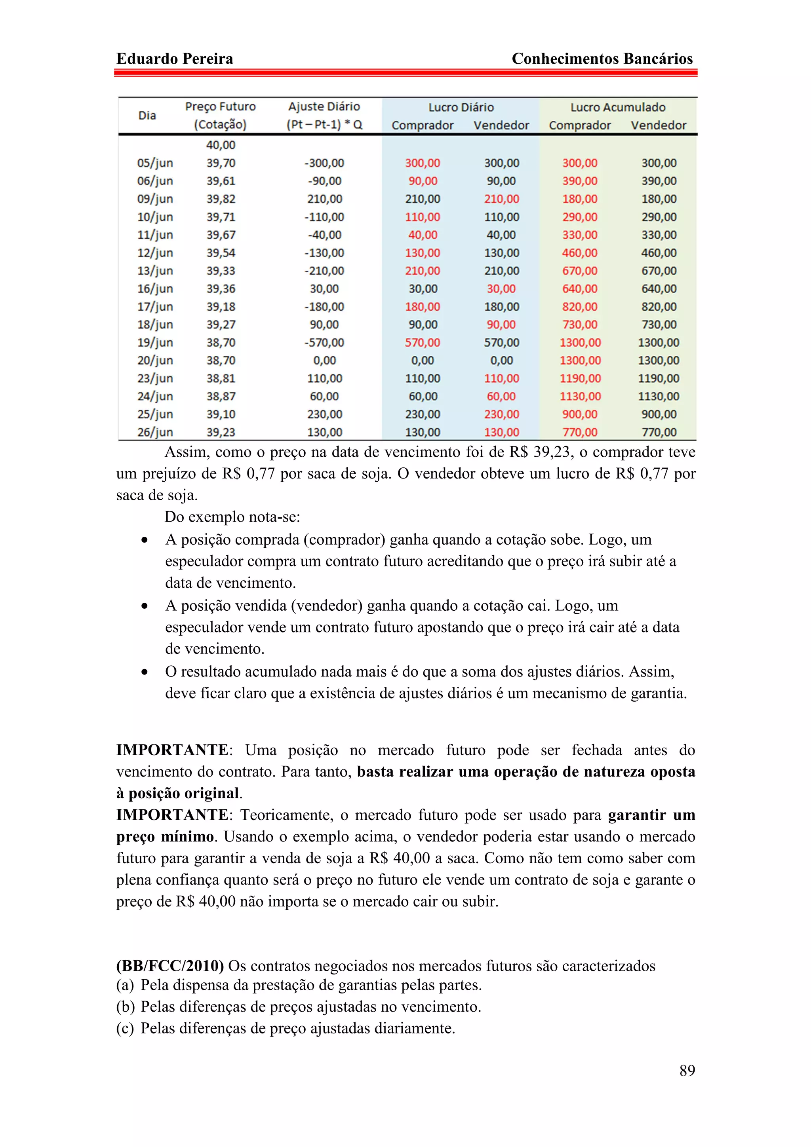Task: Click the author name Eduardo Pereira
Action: tap(174, 59)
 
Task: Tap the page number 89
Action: tap(687, 1070)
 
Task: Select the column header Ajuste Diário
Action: tap(324, 106)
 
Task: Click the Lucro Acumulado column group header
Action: tap(618, 107)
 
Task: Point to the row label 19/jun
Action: tap(155, 343)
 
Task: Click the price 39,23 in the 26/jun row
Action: tap(221, 432)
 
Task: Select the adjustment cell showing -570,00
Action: tap(324, 343)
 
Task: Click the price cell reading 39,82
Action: tap(221, 199)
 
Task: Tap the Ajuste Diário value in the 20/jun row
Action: tap(324, 361)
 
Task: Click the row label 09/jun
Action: tap(155, 199)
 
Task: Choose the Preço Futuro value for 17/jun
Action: tap(221, 307)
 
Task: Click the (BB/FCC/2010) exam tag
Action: tap(170, 966)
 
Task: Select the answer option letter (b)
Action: tap(126, 1006)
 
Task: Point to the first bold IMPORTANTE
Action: tap(172, 750)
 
